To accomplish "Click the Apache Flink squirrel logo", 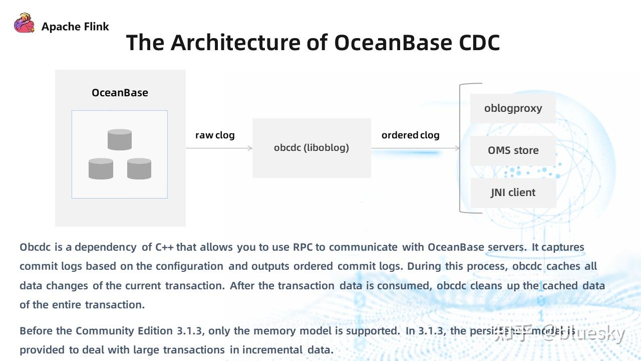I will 24,24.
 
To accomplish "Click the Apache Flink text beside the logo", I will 75,27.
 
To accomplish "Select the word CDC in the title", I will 479,43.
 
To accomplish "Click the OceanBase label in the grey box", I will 120,93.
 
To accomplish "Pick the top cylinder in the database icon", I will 120,140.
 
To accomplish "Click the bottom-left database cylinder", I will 101,168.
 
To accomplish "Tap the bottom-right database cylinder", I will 139,168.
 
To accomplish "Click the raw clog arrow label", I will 215,135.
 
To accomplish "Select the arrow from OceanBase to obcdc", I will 219,148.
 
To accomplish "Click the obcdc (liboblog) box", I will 311,148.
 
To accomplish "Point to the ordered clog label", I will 410,135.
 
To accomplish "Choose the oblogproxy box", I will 513,108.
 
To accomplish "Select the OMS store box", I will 513,150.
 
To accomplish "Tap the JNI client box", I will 513,193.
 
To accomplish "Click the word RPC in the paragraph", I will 303,247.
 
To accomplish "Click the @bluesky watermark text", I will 583,334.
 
